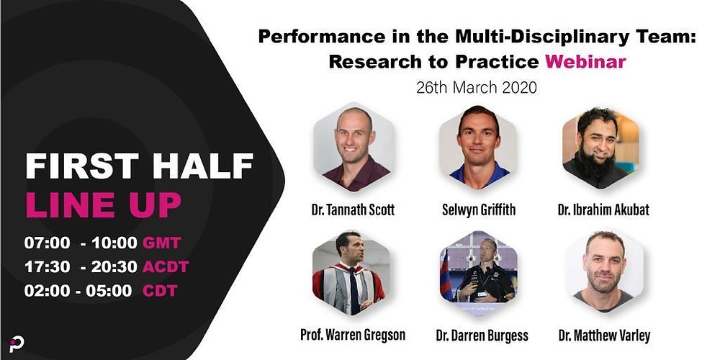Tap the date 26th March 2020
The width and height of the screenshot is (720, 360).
pyautogui.click(x=477, y=87)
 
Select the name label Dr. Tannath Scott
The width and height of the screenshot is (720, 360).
pyautogui.click(x=352, y=210)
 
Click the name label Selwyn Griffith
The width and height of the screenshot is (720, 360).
pyautogui.click(x=479, y=210)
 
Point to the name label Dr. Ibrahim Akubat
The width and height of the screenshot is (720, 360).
pyautogui.click(x=603, y=210)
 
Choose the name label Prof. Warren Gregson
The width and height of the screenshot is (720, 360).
pyautogui.click(x=353, y=335)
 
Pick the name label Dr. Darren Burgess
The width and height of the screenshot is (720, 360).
pyautogui.click(x=482, y=336)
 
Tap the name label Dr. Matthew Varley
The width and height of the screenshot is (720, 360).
pyautogui.click(x=604, y=336)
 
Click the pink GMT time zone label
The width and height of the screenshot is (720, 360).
pyautogui.click(x=161, y=243)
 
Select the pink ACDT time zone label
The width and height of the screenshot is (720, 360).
pyautogui.click(x=166, y=266)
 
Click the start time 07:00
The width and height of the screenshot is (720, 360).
pyautogui.click(x=48, y=243)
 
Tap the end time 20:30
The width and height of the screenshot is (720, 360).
pyautogui.click(x=114, y=266)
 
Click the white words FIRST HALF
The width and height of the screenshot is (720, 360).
pyautogui.click(x=140, y=166)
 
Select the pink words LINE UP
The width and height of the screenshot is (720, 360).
pyautogui.click(x=103, y=204)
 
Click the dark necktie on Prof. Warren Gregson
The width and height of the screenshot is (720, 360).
pyautogui.click(x=353, y=291)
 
